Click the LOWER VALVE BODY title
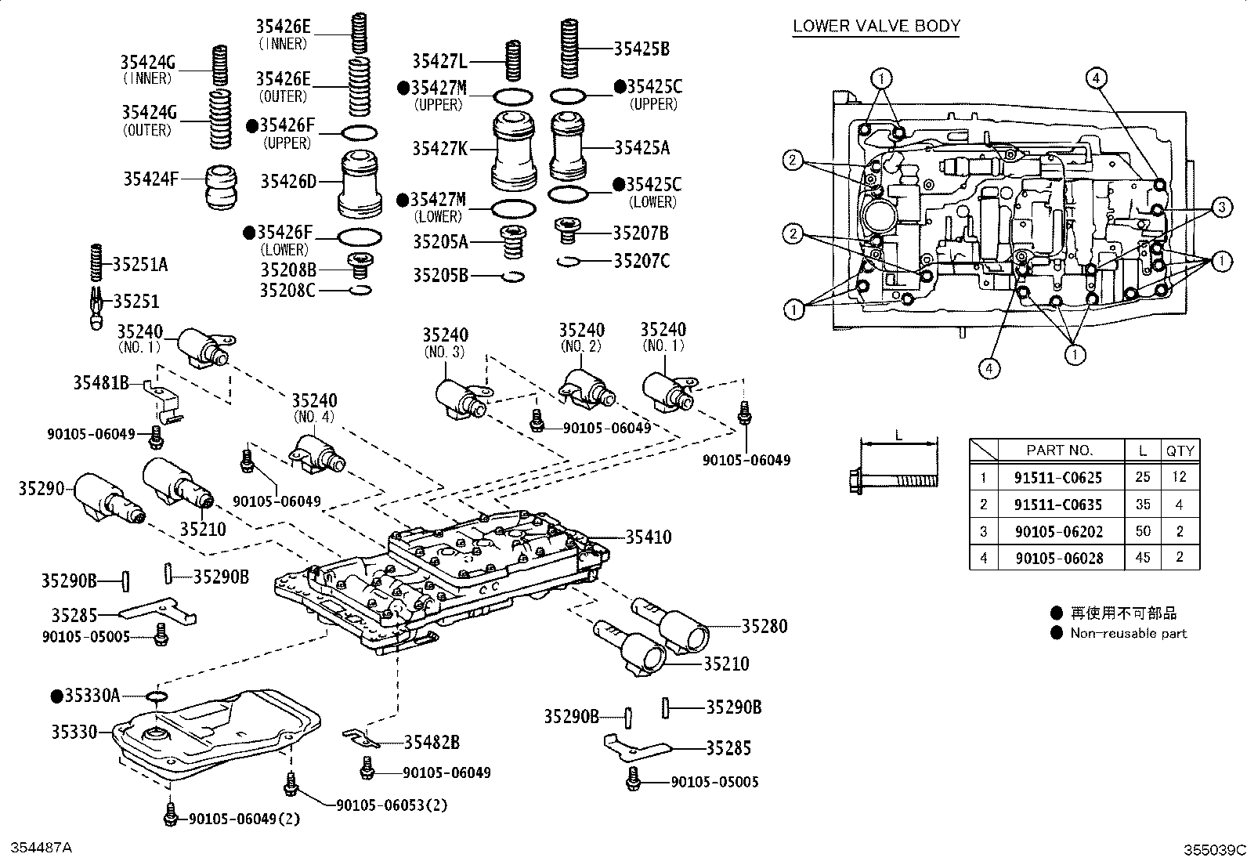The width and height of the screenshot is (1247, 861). (x=877, y=26)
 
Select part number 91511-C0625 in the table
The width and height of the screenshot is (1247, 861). (x=1057, y=477)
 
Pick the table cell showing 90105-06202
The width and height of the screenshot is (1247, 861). (x=1059, y=531)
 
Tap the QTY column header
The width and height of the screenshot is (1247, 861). (x=1180, y=450)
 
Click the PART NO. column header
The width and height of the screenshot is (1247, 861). (x=1059, y=450)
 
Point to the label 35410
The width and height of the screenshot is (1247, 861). (x=649, y=537)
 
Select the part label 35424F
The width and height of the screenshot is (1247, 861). (x=151, y=179)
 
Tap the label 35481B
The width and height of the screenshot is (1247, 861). (x=101, y=382)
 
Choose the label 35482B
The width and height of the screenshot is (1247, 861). (x=432, y=742)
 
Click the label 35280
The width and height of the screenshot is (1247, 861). (x=764, y=626)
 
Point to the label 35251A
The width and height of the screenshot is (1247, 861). (x=139, y=264)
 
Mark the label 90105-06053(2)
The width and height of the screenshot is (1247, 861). (x=392, y=805)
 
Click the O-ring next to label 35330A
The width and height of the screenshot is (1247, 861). (x=157, y=696)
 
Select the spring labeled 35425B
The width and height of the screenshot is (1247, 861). (x=569, y=49)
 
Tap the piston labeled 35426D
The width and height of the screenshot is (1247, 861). (x=360, y=184)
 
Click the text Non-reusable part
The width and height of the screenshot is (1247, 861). (x=1129, y=633)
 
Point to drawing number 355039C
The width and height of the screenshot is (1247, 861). (x=1214, y=850)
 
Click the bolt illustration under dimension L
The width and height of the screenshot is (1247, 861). (x=894, y=480)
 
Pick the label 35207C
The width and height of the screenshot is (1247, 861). (x=642, y=261)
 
